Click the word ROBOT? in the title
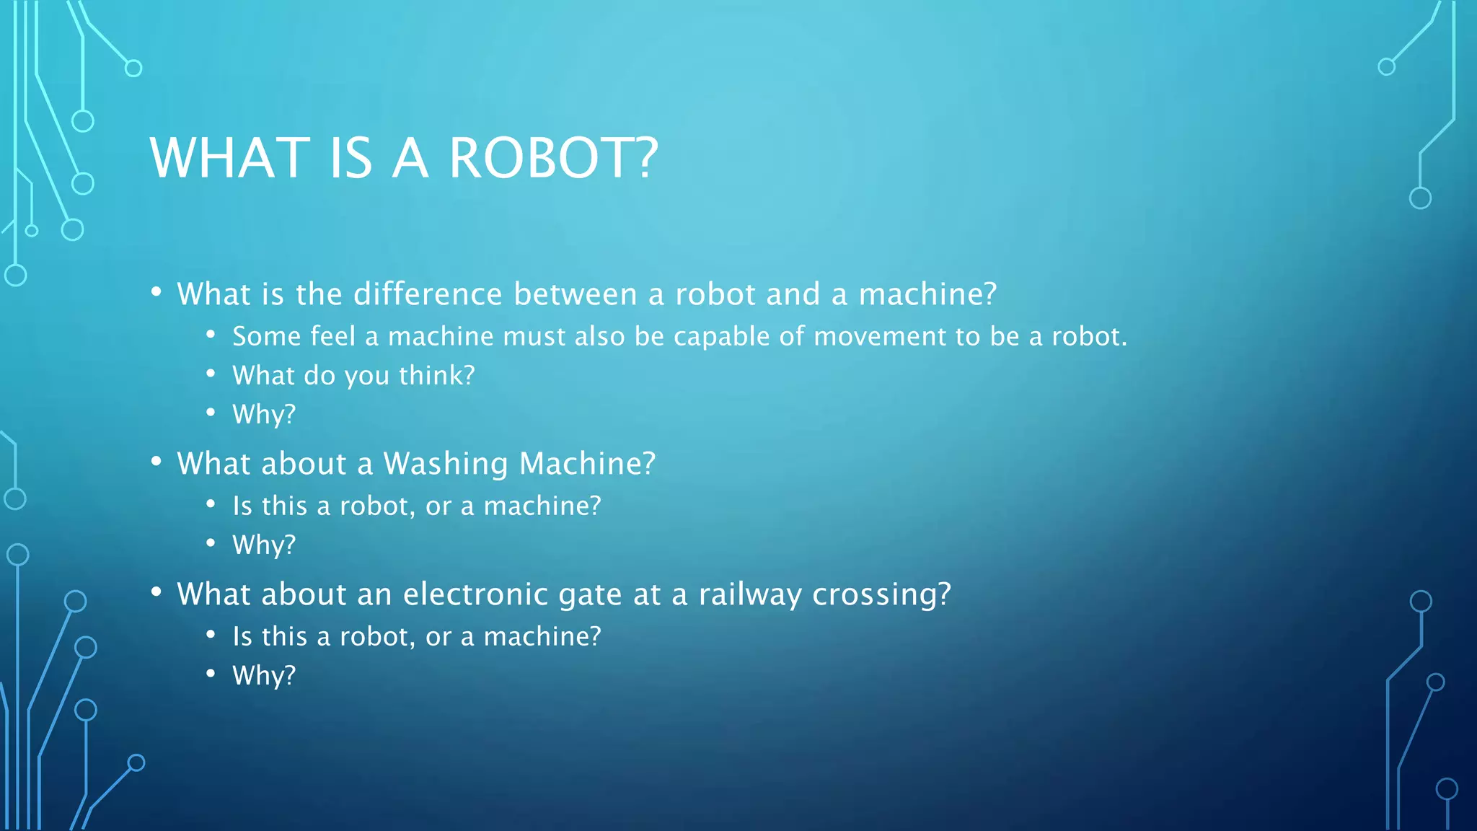coord(553,158)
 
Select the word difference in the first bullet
coord(428,294)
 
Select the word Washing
coord(445,464)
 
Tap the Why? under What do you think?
coord(264,415)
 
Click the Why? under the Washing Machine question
coord(264,545)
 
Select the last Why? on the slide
coord(264,676)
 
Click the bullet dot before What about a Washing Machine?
coord(156,462)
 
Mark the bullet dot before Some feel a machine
coord(211,335)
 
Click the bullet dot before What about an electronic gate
coord(156,592)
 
